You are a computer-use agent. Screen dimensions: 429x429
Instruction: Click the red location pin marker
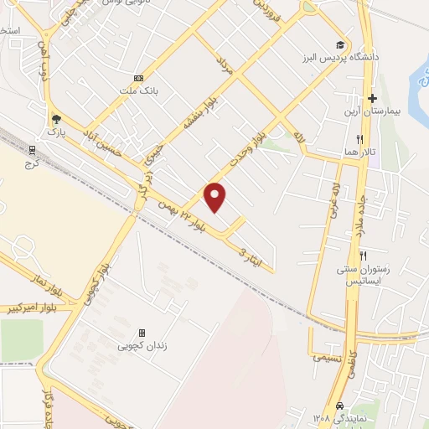click(x=216, y=197)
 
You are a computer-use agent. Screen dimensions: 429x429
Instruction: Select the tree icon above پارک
click(x=56, y=118)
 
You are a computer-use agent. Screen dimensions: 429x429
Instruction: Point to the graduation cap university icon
click(x=339, y=44)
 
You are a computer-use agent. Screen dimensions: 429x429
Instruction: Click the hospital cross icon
click(x=372, y=98)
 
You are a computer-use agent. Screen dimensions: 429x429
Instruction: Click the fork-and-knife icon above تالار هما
click(x=360, y=139)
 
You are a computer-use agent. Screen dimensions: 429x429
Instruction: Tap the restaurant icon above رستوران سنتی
click(x=363, y=255)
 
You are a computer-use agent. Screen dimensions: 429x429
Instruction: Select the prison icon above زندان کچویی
click(x=142, y=332)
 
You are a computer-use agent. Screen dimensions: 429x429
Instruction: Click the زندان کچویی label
click(x=141, y=345)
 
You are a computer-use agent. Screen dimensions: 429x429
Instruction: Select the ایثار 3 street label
click(x=251, y=256)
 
